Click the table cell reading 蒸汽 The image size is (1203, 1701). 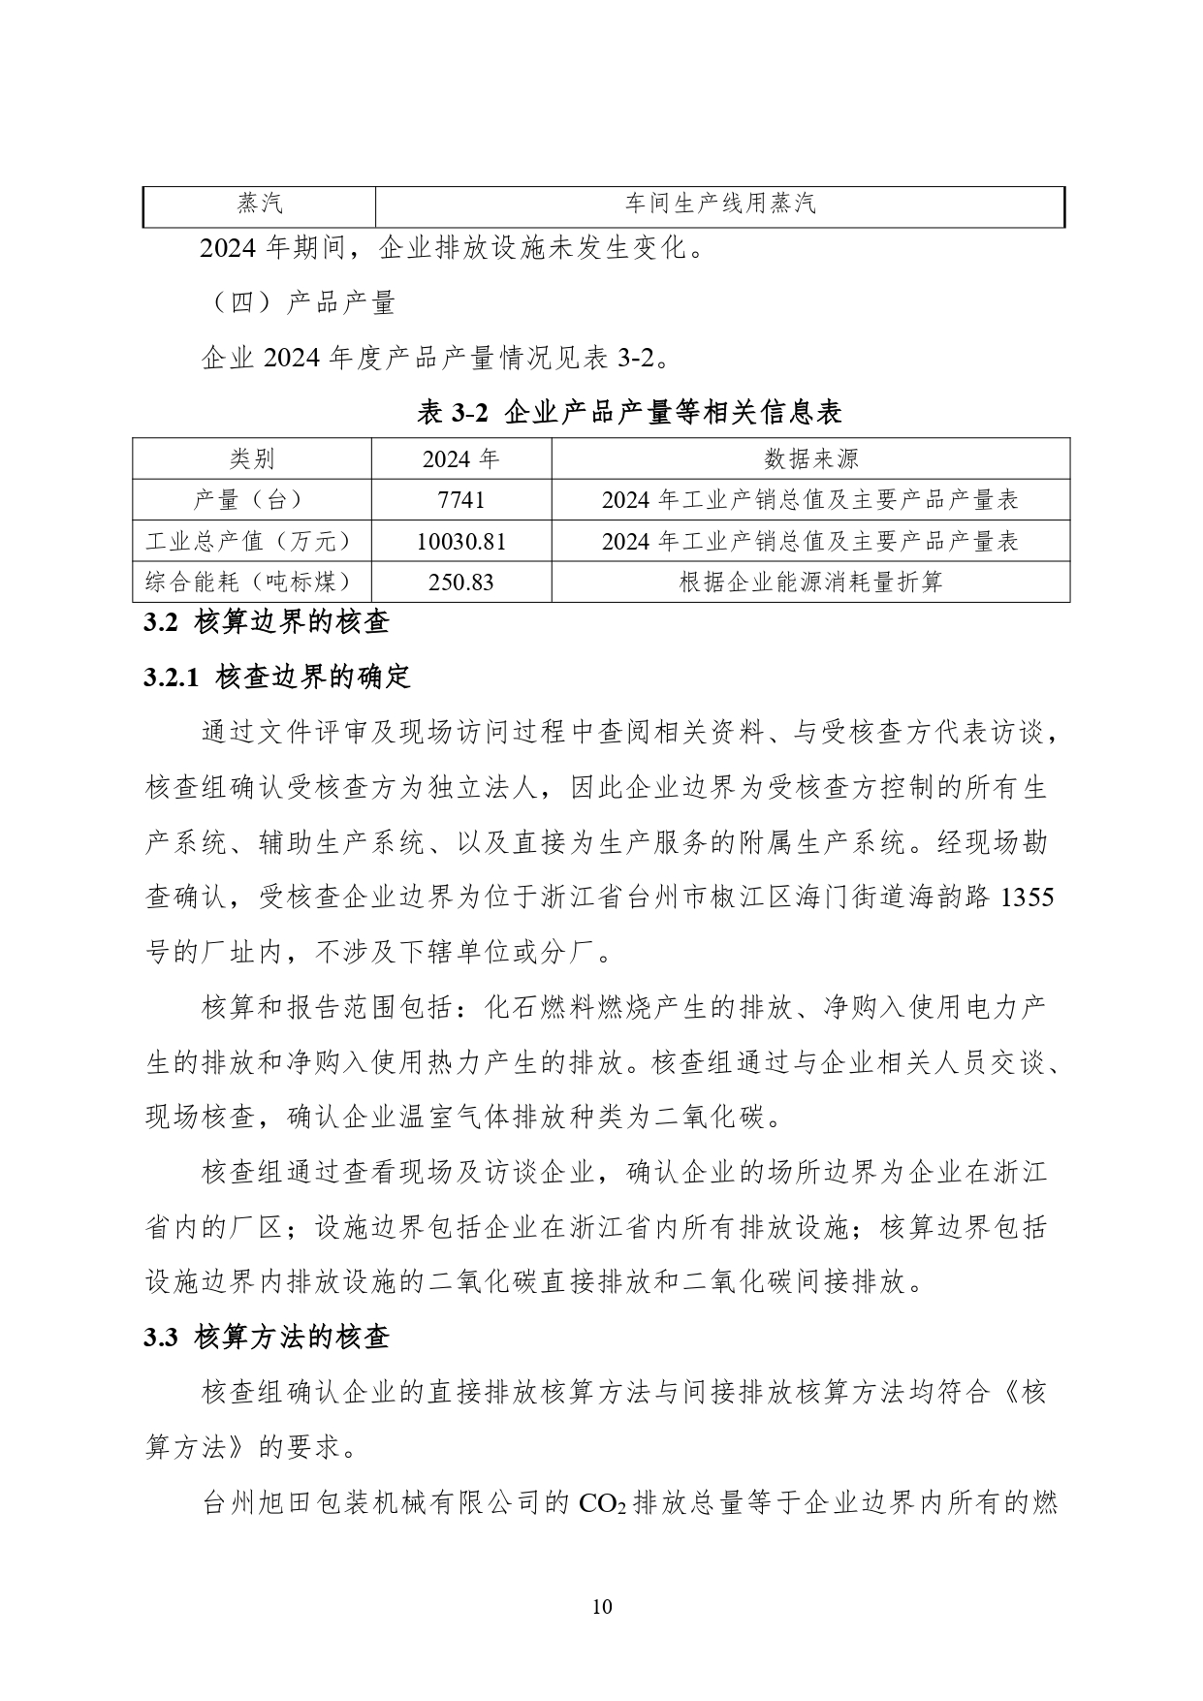pyautogui.click(x=260, y=204)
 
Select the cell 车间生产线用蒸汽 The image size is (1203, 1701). pyautogui.click(x=719, y=204)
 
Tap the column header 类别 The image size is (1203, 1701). pyautogui.click(x=252, y=458)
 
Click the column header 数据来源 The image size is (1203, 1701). pyautogui.click(x=810, y=458)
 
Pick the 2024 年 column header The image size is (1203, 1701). pyautogui.click(x=460, y=458)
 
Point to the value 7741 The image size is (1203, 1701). pyautogui.click(x=460, y=500)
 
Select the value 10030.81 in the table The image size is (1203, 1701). pyautogui.click(x=460, y=541)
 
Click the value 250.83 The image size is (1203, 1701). pyautogui.click(x=460, y=583)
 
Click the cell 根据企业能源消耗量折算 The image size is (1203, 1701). pyautogui.click(x=810, y=583)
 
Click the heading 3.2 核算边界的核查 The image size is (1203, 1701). pyautogui.click(x=267, y=621)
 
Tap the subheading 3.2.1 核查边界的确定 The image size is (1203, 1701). pyautogui.click(x=278, y=677)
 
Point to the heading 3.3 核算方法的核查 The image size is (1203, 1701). pyautogui.click(x=267, y=1338)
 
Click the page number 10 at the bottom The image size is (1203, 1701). pyautogui.click(x=601, y=1606)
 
